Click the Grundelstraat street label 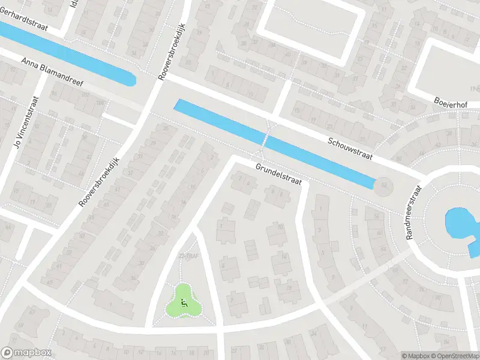click(277, 174)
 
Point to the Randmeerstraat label click(415, 211)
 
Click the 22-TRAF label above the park click(189, 256)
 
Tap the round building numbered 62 click(382, 186)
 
